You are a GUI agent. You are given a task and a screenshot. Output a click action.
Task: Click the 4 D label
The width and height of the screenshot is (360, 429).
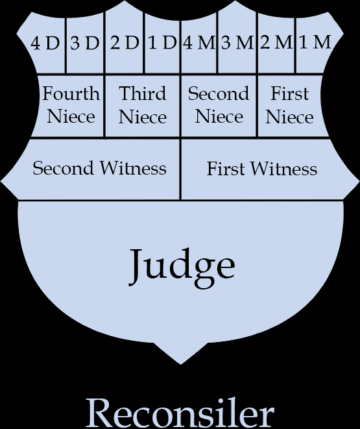pyautogui.click(x=45, y=43)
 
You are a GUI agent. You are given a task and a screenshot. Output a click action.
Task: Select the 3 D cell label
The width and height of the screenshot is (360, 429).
pyautogui.click(x=84, y=43)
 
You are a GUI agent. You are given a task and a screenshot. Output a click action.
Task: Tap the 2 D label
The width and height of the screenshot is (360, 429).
pyautogui.click(x=125, y=43)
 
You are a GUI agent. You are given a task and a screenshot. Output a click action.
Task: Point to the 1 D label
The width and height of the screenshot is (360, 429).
pyautogui.click(x=162, y=43)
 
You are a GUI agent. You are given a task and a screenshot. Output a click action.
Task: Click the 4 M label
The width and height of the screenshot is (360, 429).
pyautogui.click(x=198, y=43)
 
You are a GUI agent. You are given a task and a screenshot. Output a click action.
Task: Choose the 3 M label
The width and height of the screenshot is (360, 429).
pyautogui.click(x=237, y=43)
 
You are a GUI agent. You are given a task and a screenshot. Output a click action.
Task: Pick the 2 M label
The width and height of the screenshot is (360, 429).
pyautogui.click(x=276, y=42)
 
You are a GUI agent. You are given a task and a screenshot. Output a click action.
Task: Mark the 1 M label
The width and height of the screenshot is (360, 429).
pyautogui.click(x=315, y=42)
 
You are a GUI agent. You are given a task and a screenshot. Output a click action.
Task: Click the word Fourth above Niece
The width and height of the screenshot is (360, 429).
pyautogui.click(x=71, y=93)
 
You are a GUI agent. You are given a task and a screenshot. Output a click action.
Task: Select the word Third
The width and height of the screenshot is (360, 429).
pyautogui.click(x=143, y=93)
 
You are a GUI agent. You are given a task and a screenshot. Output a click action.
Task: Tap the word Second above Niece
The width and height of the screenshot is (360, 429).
pyautogui.click(x=219, y=93)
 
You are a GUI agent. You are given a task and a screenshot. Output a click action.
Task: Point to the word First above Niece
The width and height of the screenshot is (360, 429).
pyautogui.click(x=289, y=93)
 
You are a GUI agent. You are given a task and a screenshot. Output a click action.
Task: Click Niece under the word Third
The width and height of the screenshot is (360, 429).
pyautogui.click(x=143, y=117)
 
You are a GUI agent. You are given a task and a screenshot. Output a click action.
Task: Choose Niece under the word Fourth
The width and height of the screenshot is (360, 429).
pyautogui.click(x=71, y=117)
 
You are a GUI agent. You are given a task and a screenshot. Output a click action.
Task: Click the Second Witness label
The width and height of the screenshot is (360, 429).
pyautogui.click(x=99, y=168)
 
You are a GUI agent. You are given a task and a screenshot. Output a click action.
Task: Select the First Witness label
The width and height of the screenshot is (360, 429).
pyautogui.click(x=262, y=169)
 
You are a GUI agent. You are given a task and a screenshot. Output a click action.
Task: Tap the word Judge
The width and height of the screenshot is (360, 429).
pyautogui.click(x=182, y=267)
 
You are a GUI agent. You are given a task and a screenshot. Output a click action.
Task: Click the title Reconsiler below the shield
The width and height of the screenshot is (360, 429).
pyautogui.click(x=180, y=413)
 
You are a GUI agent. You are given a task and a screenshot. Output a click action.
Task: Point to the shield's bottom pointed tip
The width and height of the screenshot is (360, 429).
pyautogui.click(x=180, y=365)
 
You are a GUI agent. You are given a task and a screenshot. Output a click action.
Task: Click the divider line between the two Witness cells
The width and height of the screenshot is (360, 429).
pyautogui.click(x=180, y=169)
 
